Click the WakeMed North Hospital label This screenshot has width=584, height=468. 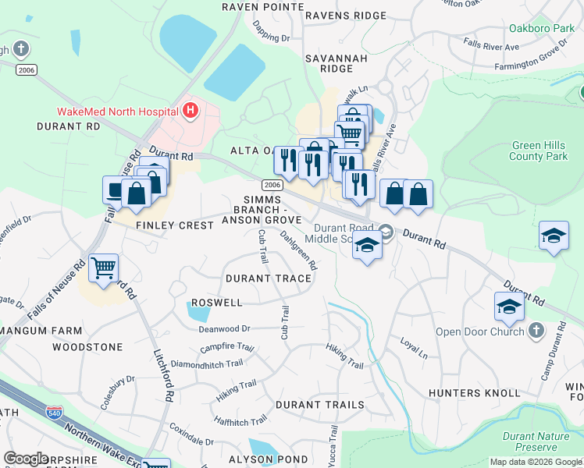(117, 112)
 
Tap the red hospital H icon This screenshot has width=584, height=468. (190, 111)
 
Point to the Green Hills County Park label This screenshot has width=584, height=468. (538, 151)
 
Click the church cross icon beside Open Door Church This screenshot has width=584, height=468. (536, 331)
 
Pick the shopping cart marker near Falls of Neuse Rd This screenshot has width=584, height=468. (103, 269)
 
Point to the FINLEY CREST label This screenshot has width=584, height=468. (175, 225)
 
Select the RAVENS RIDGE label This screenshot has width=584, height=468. (346, 16)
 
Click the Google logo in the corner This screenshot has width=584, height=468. (26, 459)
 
